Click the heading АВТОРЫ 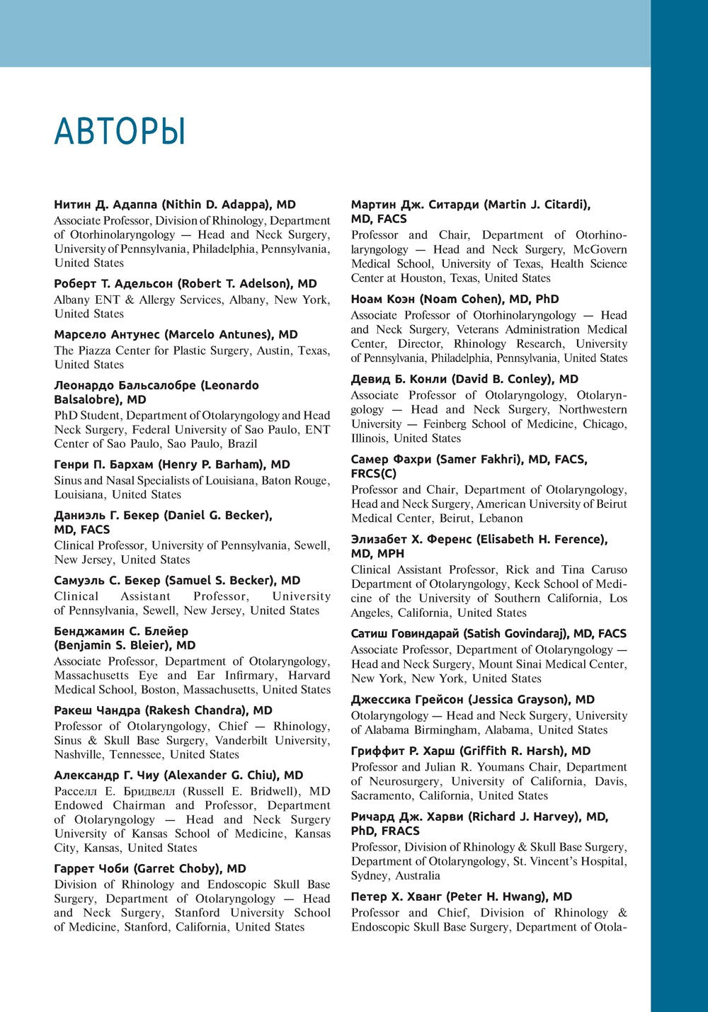coord(120,132)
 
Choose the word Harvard coord(309,676)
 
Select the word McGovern coord(600,249)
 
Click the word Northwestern coord(593,409)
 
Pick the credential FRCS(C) coord(374,474)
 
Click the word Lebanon coord(500,518)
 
